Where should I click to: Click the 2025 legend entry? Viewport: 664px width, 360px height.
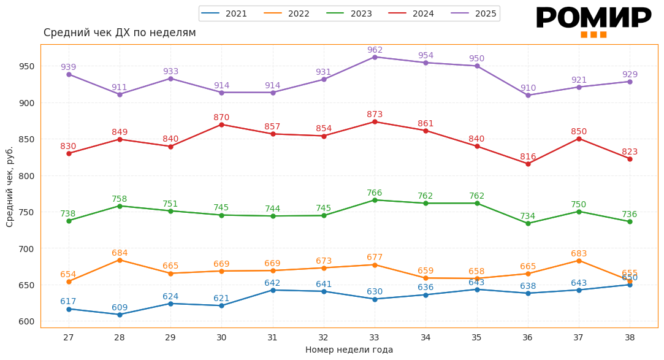(474, 13)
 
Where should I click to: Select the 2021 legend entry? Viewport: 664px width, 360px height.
(224, 13)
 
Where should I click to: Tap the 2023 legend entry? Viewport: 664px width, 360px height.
(349, 13)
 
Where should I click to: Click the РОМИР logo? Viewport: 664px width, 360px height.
(593, 21)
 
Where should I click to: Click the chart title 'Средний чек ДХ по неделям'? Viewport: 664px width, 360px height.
(120, 33)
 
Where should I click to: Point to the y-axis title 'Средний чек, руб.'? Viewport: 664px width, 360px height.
(10, 186)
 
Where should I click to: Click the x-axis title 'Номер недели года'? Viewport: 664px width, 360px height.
(349, 350)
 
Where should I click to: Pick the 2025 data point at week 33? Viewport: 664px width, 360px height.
(375, 57)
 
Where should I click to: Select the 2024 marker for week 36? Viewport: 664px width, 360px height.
(528, 164)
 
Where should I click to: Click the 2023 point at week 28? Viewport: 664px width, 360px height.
(120, 206)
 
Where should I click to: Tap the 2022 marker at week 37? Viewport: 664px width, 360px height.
(579, 261)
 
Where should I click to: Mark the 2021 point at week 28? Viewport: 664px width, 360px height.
(120, 315)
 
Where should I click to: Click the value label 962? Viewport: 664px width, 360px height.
(375, 50)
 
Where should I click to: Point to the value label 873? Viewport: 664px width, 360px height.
(375, 115)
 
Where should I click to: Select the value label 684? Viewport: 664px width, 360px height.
(120, 253)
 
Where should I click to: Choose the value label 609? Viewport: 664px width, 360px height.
(120, 308)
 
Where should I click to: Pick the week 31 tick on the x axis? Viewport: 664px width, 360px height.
(272, 337)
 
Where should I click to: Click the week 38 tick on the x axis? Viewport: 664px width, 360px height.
(630, 337)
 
